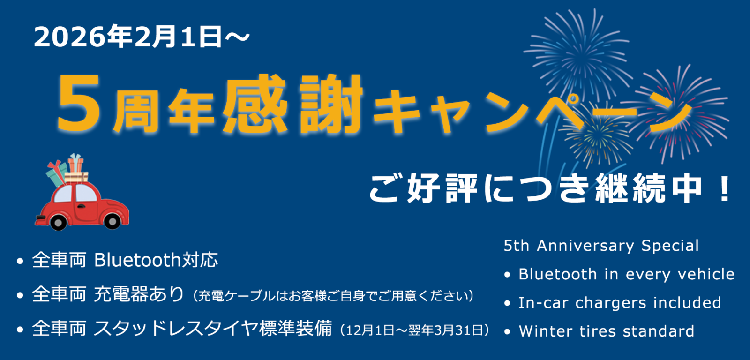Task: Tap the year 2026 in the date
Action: pyautogui.click(x=70, y=37)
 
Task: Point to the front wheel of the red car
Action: pyautogui.click(x=112, y=221)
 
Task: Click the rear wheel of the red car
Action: pyautogui.click(x=58, y=222)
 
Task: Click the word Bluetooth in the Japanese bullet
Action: pyautogui.click(x=138, y=260)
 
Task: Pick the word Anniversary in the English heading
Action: pyautogui.click(x=585, y=246)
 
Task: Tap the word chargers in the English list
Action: pyautogui.click(x=611, y=303)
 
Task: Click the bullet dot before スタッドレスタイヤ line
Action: pyautogui.click(x=20, y=330)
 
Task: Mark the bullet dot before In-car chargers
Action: pyautogui.click(x=507, y=303)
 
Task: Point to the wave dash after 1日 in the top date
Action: pyautogui.click(x=237, y=37)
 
